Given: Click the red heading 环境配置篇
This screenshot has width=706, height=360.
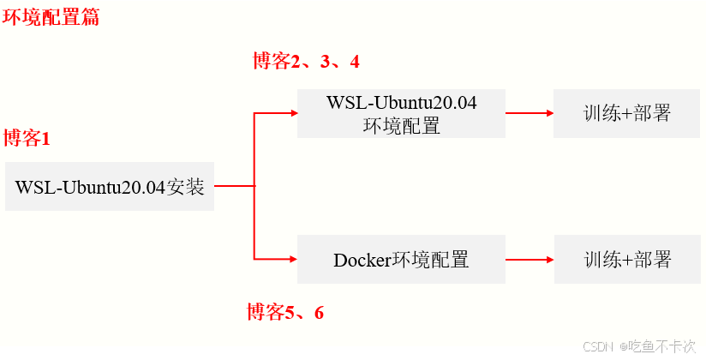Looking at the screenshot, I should tap(51, 17).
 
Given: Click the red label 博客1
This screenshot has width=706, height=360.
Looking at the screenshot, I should tap(27, 139).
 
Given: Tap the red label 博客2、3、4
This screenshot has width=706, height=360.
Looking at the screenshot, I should tap(306, 61).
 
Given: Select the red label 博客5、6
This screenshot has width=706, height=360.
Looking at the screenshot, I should tap(285, 312).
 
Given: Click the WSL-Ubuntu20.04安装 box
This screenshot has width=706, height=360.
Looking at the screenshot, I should tap(110, 186).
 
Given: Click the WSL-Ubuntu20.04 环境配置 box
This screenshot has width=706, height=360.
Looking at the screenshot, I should tap(401, 114).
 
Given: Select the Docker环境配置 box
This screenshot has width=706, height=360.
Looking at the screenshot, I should tap(401, 260).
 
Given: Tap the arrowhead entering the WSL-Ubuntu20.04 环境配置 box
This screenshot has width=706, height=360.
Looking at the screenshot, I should tap(292, 113).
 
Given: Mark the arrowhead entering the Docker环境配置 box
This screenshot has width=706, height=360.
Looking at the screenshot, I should tap(292, 259).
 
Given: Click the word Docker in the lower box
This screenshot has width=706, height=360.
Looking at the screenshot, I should tap(362, 260).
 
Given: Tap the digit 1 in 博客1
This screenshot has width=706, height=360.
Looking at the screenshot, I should tap(46, 139).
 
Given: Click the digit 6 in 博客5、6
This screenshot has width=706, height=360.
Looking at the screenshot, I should tap(319, 313).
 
